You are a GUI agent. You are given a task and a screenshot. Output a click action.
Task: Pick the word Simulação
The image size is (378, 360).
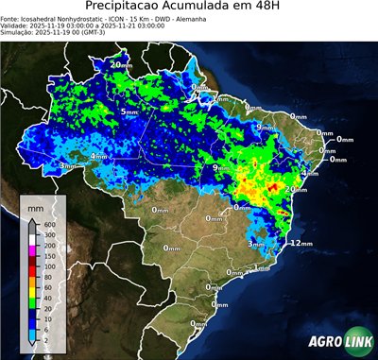(x=17, y=32)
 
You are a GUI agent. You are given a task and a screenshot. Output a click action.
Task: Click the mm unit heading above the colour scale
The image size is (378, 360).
(x=36, y=206)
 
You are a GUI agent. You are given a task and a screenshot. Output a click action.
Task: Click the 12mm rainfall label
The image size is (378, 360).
(x=301, y=243)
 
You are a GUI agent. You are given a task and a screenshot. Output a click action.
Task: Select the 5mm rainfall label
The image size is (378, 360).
(x=129, y=111)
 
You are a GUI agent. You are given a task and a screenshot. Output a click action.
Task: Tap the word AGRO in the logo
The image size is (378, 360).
(x=320, y=343)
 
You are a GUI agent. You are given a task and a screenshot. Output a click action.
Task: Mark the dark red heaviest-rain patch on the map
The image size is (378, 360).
(x=273, y=188)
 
